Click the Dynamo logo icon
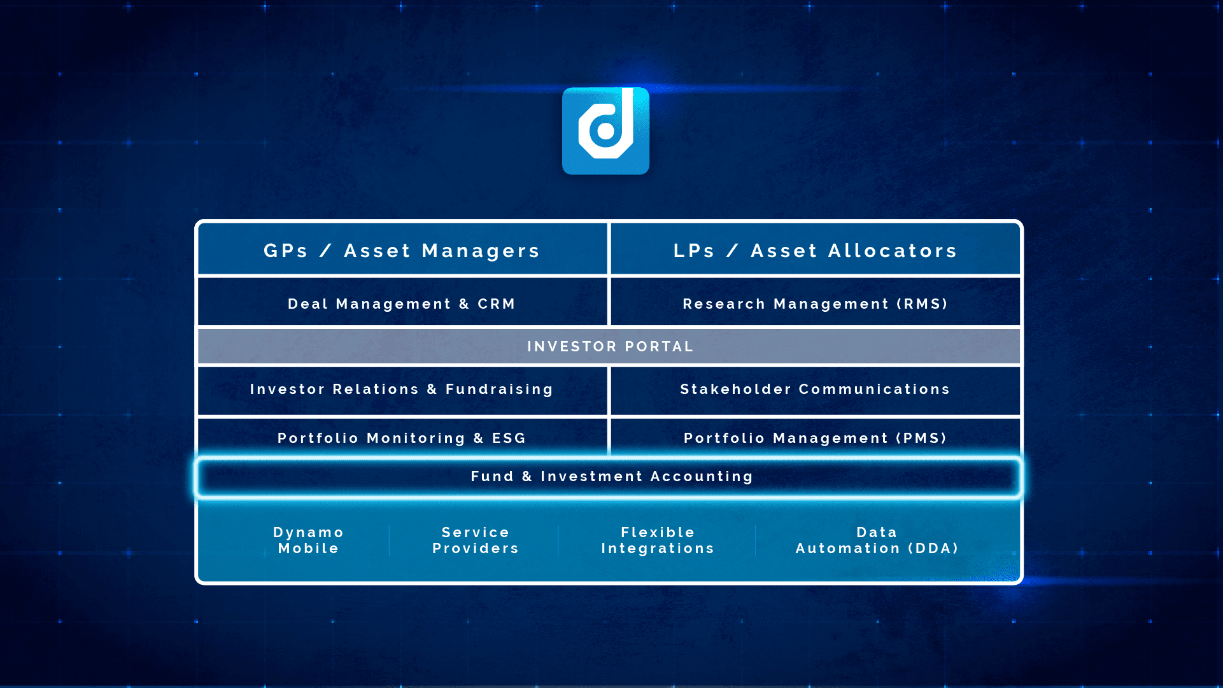point(605,131)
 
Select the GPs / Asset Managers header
point(402,249)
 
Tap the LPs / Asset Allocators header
point(815,249)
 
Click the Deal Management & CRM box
point(402,303)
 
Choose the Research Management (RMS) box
point(815,303)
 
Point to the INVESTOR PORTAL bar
point(609,346)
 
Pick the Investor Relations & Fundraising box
point(402,390)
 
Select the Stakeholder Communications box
point(815,390)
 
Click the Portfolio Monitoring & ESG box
point(402,437)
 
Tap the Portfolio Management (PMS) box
point(815,437)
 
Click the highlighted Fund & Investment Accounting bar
point(609,477)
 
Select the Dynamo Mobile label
point(309,540)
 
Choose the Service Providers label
point(476,540)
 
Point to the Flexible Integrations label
point(658,540)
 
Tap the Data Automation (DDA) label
point(877,540)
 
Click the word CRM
point(497,304)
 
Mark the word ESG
point(509,439)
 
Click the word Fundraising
point(499,390)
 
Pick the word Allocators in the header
point(893,251)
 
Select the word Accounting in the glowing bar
point(702,477)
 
